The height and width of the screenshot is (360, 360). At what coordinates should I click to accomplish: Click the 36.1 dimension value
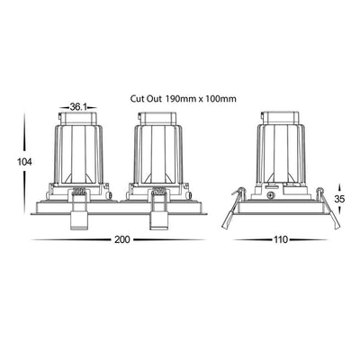[78, 107]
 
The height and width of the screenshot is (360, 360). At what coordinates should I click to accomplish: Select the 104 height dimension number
[24, 162]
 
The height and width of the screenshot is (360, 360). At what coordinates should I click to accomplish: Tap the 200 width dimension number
[122, 239]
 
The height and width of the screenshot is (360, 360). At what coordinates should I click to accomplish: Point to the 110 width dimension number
[281, 239]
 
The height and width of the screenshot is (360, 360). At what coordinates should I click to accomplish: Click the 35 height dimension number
[339, 199]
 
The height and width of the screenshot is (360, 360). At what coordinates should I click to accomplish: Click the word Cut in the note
[137, 98]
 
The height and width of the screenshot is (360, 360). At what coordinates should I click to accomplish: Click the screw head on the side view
[271, 195]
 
